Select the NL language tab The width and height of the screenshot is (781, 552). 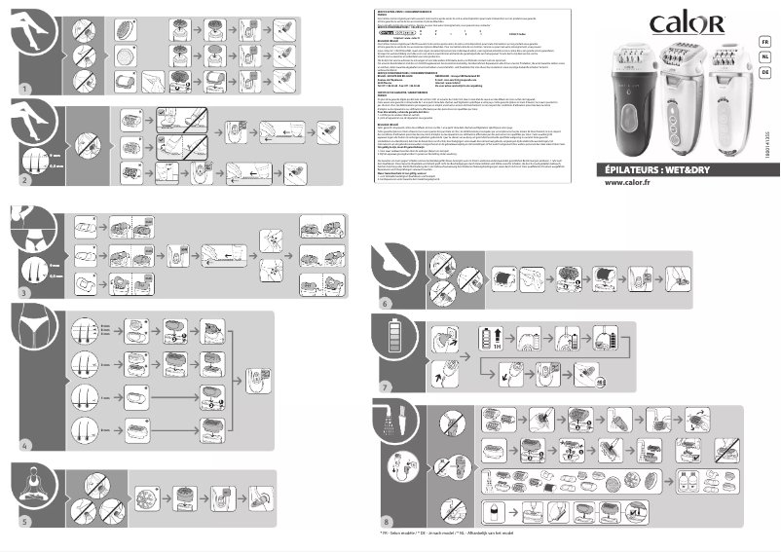coord(765,57)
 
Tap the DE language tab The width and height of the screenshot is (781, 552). coord(765,72)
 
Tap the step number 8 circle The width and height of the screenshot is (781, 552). coord(385,521)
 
